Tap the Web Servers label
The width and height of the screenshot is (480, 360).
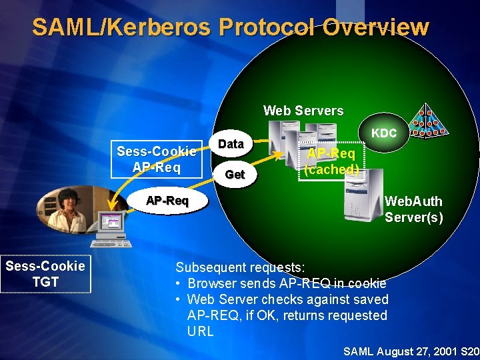(x=303, y=111)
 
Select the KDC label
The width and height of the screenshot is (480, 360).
(x=384, y=133)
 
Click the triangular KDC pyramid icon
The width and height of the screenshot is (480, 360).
(x=425, y=121)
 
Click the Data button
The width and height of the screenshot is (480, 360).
(x=231, y=143)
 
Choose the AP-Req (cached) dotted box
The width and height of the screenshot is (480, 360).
(x=331, y=161)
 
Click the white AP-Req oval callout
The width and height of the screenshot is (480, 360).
(x=167, y=201)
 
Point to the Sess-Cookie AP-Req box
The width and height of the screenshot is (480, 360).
(x=156, y=159)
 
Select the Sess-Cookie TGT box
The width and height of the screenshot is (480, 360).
(x=45, y=274)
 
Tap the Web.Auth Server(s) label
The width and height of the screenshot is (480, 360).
(x=413, y=209)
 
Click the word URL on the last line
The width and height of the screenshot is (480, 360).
(x=201, y=331)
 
